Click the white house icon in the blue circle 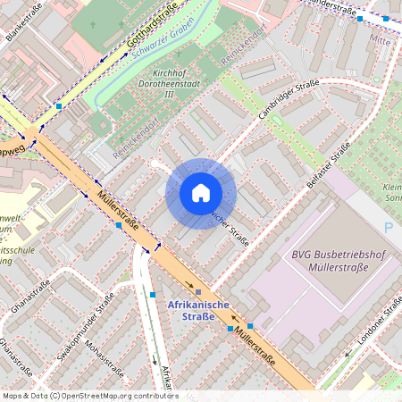201,193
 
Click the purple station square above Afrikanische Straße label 198,291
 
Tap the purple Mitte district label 381,40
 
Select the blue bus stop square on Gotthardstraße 59,106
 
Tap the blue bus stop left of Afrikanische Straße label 154,294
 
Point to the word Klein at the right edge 392,188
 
